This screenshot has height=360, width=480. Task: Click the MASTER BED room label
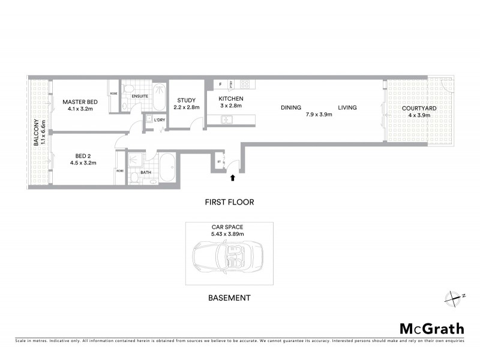80,102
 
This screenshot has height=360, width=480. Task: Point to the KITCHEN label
230,98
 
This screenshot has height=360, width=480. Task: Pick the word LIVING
347,108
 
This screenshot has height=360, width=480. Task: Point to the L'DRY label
159,120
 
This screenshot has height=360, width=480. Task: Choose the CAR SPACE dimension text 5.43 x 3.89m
229,233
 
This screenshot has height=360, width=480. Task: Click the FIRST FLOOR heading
229,202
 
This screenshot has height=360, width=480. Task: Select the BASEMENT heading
229,298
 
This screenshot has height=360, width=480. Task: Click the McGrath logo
432,328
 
